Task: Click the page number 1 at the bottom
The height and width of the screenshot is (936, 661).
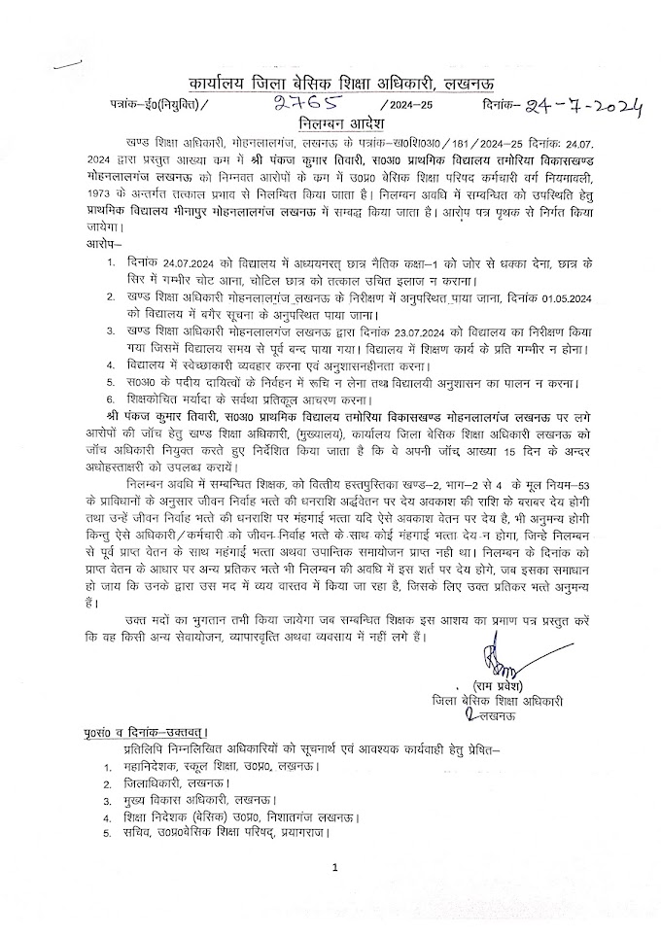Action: [x=332, y=867]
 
